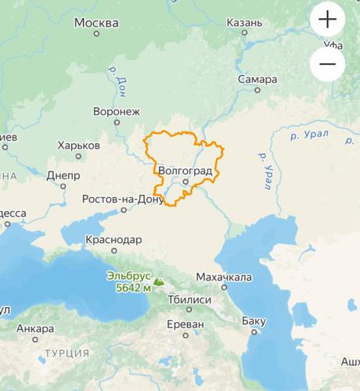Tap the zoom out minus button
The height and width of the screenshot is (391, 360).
click(327, 65)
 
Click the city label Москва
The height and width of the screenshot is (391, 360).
click(96, 23)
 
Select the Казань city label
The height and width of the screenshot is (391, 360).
click(244, 23)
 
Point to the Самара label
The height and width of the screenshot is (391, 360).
click(259, 80)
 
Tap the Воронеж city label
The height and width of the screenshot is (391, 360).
click(116, 111)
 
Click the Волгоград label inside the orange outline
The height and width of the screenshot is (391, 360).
click(185, 170)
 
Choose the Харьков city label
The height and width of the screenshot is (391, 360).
click(78, 145)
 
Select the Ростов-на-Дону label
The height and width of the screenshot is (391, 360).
click(126, 199)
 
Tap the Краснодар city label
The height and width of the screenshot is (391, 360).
click(116, 239)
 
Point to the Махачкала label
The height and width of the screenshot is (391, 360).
click(224, 277)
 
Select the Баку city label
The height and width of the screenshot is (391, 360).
click(254, 321)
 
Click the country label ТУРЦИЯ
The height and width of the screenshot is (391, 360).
click(67, 353)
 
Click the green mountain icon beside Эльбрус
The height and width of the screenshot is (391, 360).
click(159, 281)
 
